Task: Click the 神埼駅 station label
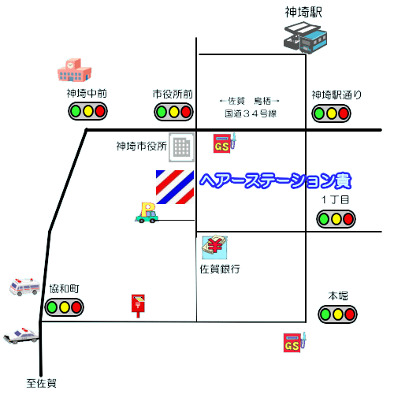[303, 13]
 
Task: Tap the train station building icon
[305, 38]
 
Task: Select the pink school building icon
[74, 70]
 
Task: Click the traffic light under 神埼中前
[87, 111]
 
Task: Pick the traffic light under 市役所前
[173, 112]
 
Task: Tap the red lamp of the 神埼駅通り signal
[344, 113]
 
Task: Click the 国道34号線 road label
[251, 113]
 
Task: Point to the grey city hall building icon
[181, 147]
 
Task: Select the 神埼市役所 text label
[141, 147]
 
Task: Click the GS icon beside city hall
[225, 143]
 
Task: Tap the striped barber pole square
[175, 187]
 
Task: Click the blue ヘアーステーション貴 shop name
[275, 180]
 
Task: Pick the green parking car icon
[147, 213]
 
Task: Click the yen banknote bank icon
[214, 247]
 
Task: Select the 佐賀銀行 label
[220, 269]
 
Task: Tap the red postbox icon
[138, 306]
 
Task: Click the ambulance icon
[24, 287]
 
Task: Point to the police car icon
[20, 336]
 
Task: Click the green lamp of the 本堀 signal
[325, 314]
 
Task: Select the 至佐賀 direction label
[41, 384]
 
